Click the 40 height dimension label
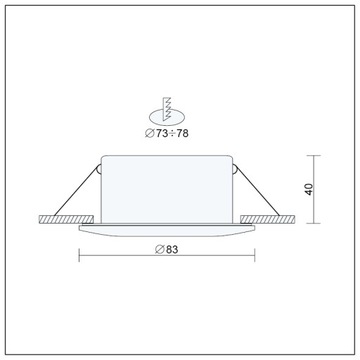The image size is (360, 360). [x=325, y=190]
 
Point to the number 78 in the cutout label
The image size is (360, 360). [x=184, y=133]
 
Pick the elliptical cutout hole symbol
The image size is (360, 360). [x=168, y=117]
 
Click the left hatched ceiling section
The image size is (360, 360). [x=62, y=219]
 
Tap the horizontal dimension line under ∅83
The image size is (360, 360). [x=167, y=257]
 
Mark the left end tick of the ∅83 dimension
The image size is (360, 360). [x=79, y=257]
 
